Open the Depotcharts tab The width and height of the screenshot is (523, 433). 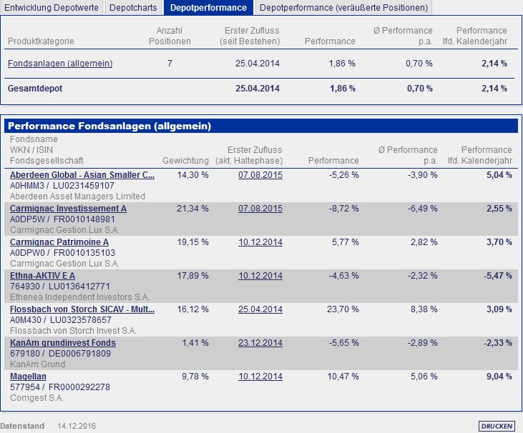click(134, 8)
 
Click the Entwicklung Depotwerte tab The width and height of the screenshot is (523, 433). click(52, 8)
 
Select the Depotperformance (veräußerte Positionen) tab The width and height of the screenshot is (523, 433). click(343, 8)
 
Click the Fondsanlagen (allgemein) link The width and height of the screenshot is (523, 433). click(60, 64)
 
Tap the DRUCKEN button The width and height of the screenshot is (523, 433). click(497, 426)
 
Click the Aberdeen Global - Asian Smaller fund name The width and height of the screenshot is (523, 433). click(82, 174)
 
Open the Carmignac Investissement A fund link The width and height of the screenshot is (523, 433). click(68, 209)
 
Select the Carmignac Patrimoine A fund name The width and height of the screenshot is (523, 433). click(59, 242)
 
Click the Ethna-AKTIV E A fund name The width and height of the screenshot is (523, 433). click(42, 276)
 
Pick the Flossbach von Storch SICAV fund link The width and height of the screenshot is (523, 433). click(82, 309)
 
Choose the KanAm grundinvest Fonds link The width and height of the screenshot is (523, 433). click(63, 343)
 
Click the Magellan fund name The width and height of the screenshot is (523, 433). click(29, 377)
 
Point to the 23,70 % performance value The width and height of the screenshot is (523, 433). click(342, 309)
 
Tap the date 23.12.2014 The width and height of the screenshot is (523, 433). click(260, 343)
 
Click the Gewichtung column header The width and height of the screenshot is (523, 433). click(186, 161)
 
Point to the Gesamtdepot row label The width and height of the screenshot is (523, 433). click(34, 89)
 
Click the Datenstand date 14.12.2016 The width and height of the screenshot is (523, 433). click(77, 426)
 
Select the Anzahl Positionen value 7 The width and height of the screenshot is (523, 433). click(170, 64)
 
